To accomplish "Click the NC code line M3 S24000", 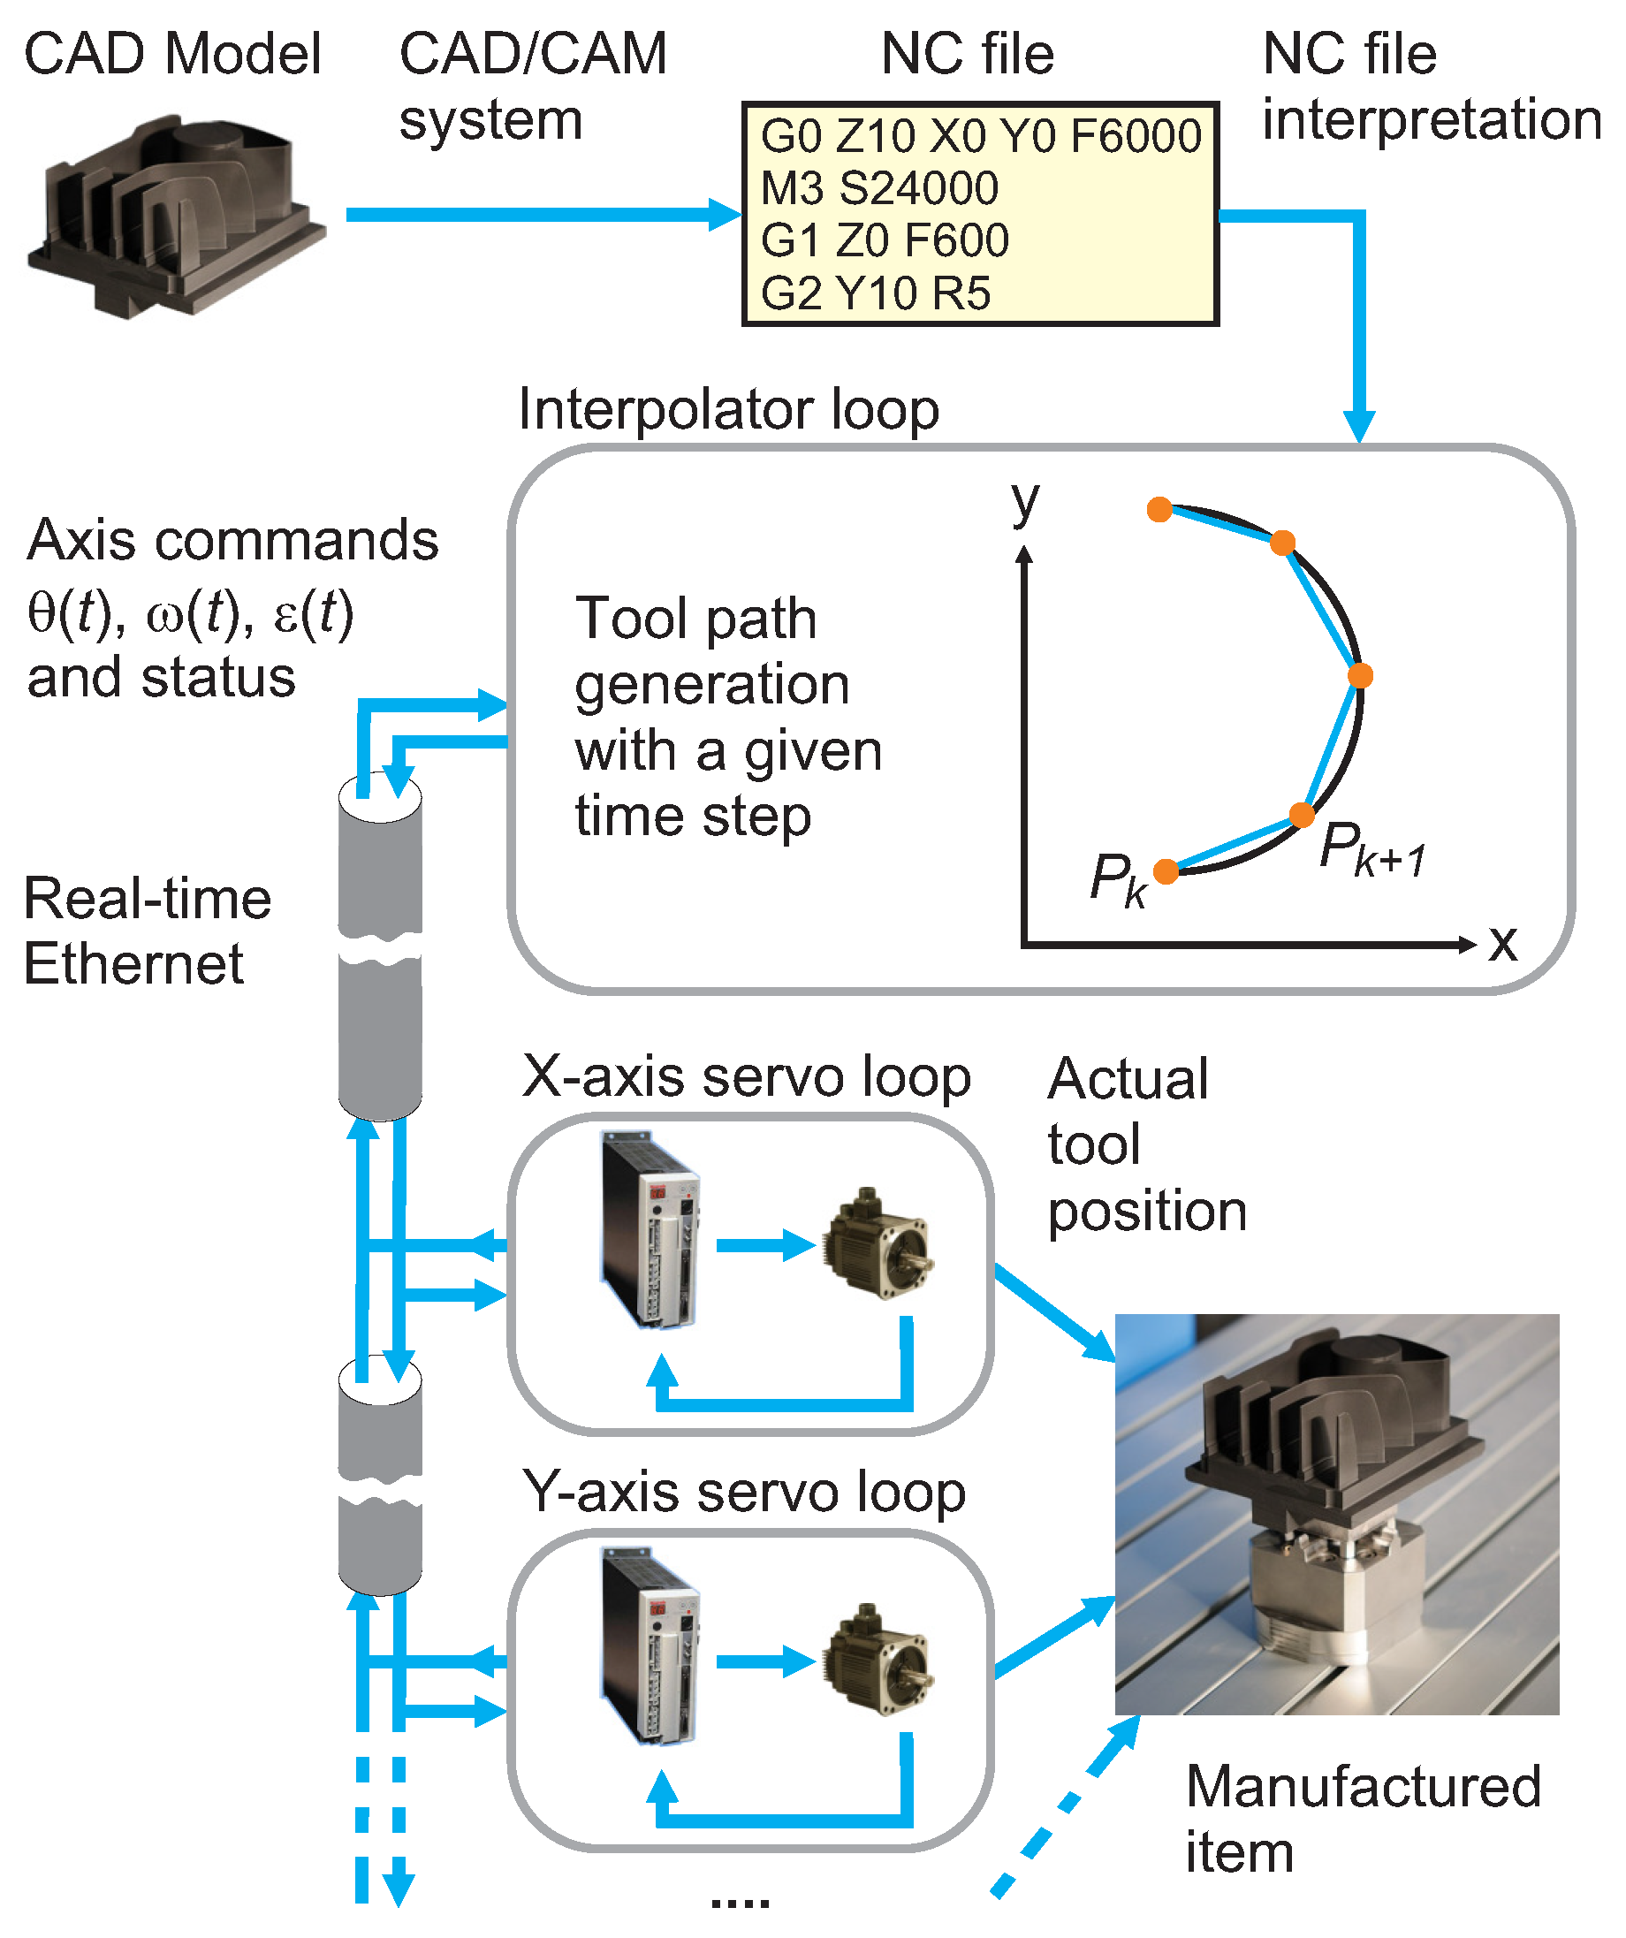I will click(878, 188).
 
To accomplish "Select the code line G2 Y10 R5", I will click(875, 293).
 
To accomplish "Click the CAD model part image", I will click(175, 216).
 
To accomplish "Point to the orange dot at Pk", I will click(1166, 871).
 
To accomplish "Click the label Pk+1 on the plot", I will click(1372, 849).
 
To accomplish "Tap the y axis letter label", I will click(1024, 502).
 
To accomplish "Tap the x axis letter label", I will click(1502, 943).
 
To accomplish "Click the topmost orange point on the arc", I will click(1160, 509).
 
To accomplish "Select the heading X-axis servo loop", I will click(746, 1077).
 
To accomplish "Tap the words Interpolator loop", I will click(728, 409).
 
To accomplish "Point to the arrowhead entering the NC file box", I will click(727, 215).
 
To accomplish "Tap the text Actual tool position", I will click(1146, 1144).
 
